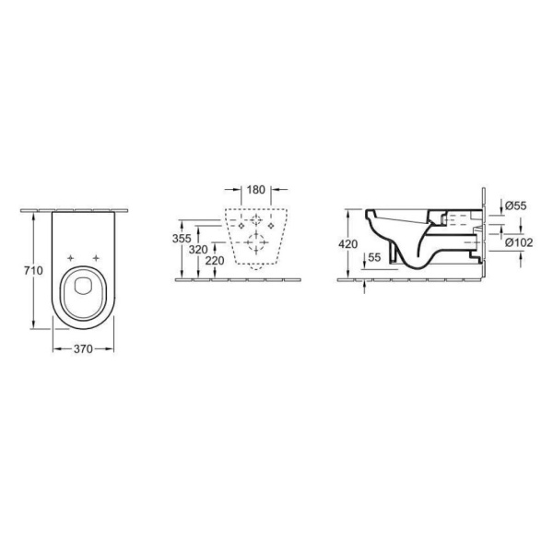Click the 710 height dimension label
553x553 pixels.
pos(33,270)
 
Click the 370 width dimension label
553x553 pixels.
pos(83,348)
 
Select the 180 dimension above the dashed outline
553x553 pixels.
pos(255,190)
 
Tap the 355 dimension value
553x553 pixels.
pos(182,239)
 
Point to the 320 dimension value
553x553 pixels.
pos(198,250)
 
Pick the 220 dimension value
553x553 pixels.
pos(215,261)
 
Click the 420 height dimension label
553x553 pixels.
pos(348,243)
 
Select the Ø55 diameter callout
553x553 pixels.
pos(515,206)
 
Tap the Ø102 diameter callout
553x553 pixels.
pos(519,242)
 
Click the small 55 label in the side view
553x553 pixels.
pos(374,257)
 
